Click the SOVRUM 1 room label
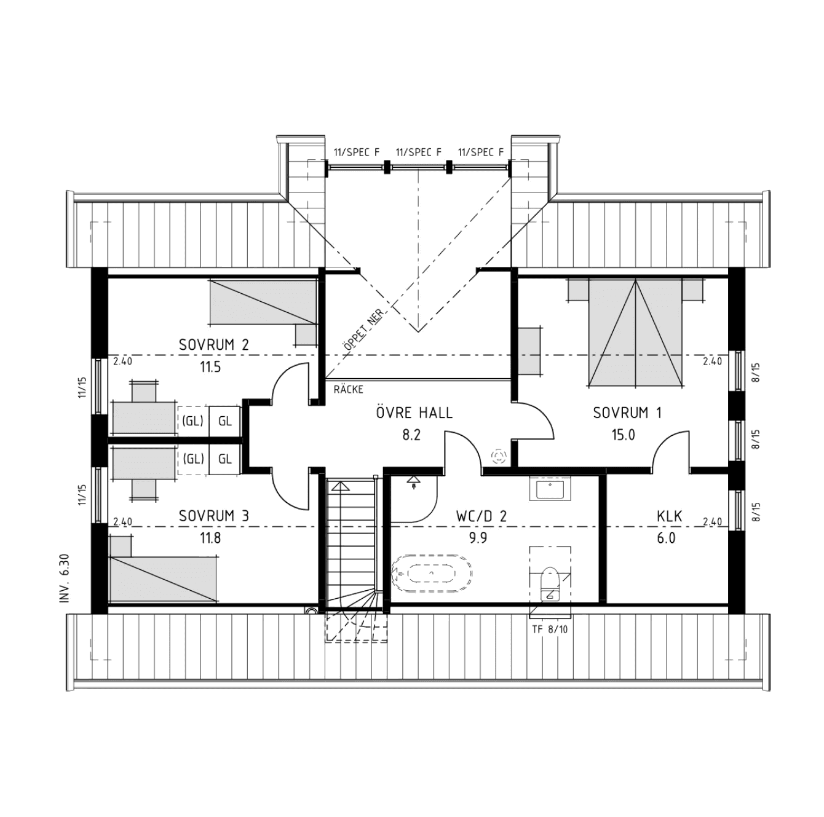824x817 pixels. (627, 413)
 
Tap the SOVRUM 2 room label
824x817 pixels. (214, 345)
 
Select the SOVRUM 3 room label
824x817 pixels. (214, 516)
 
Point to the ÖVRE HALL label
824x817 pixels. (414, 412)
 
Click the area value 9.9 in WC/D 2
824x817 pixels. (478, 538)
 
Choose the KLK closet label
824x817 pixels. (670, 516)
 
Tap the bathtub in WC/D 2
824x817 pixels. (432, 574)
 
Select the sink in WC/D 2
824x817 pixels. (550, 488)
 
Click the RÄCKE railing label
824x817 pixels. (349, 390)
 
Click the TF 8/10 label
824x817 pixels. (550, 630)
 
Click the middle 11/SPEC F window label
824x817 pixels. (419, 152)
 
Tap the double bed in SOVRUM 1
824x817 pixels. (635, 332)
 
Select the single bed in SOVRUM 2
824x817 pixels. (263, 302)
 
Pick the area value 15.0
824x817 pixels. (624, 435)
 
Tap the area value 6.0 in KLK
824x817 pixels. (666, 538)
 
